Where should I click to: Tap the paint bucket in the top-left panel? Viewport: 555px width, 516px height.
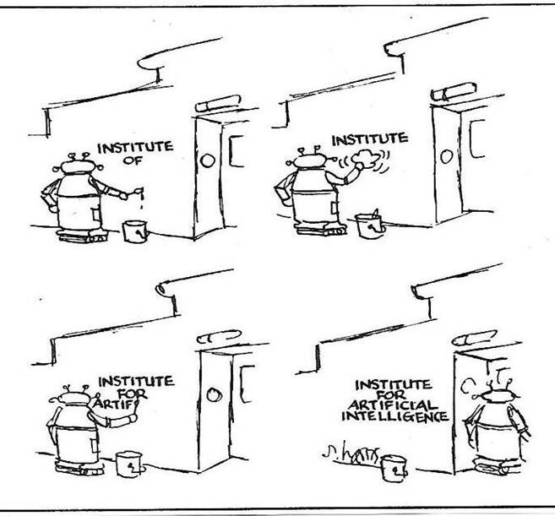(134, 230)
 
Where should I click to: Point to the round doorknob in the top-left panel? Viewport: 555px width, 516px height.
(209, 160)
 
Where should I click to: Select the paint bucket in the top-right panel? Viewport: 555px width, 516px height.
(368, 227)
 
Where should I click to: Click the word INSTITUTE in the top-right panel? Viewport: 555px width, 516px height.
(370, 138)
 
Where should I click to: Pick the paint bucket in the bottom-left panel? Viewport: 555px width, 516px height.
(128, 462)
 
